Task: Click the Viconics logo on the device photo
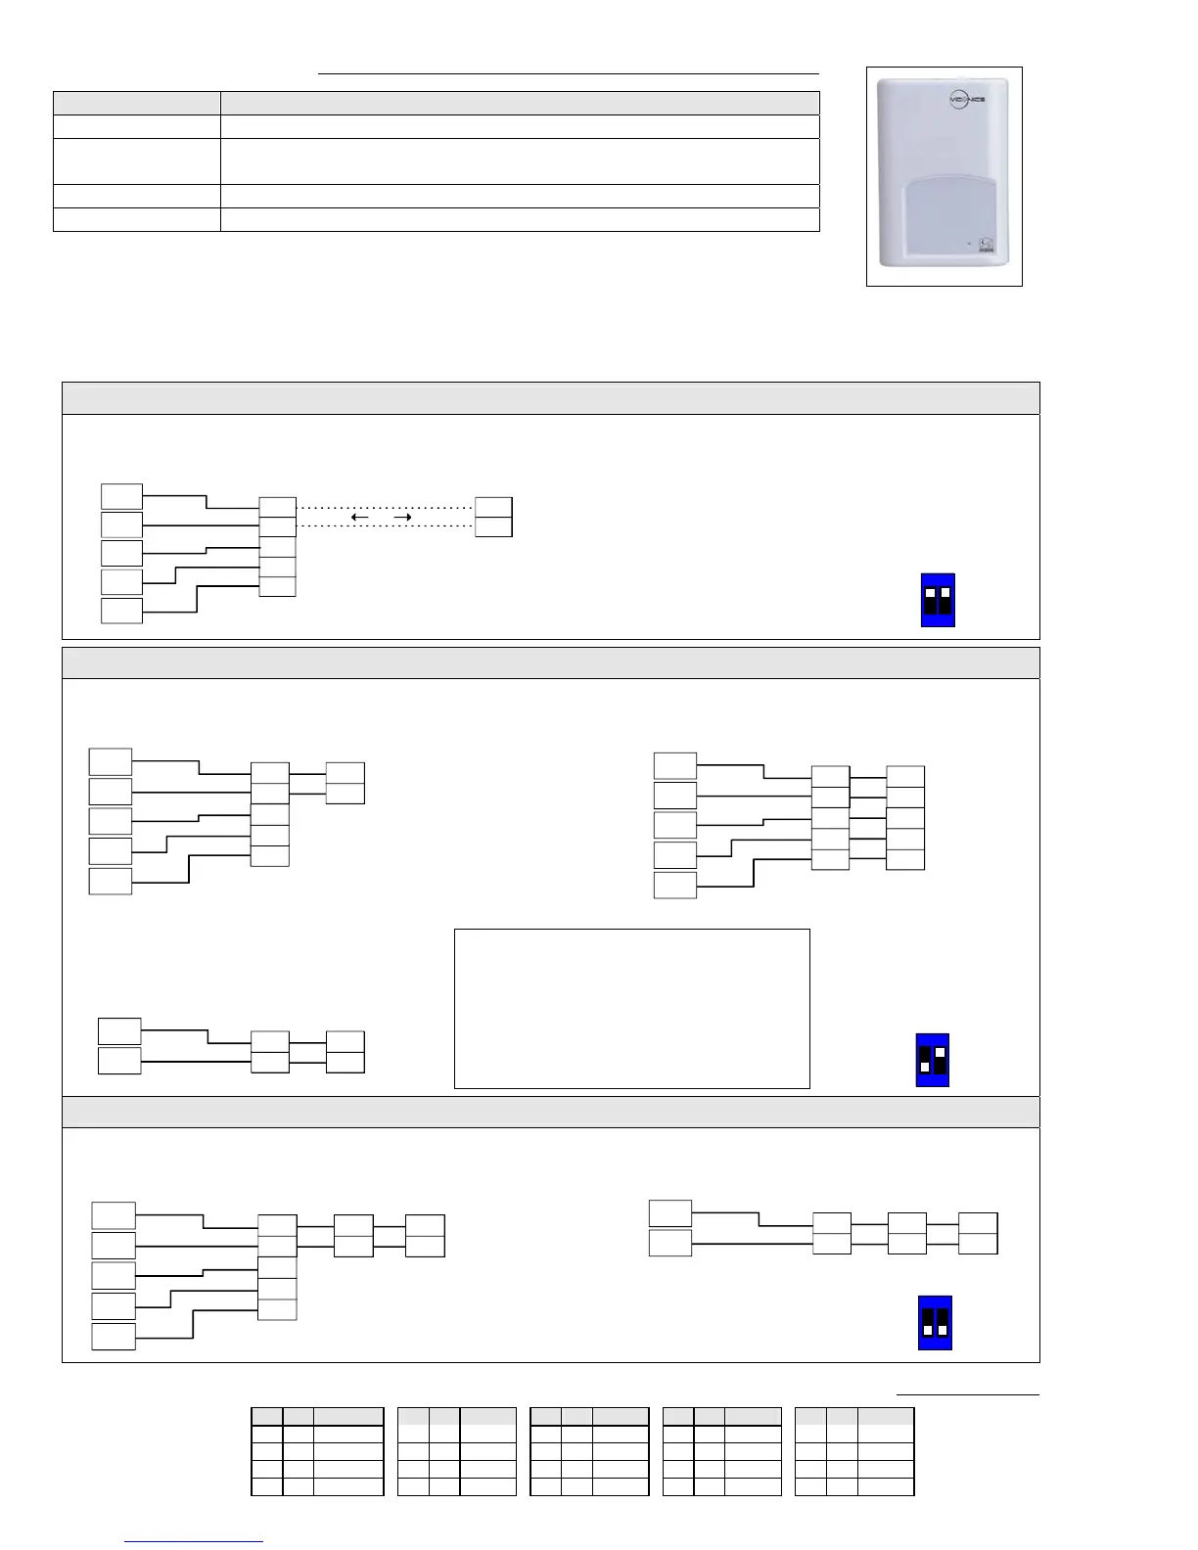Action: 965,101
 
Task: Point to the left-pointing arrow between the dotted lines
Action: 359,517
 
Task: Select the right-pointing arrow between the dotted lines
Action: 402,517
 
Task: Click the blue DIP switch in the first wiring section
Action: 938,600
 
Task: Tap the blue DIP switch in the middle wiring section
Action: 932,1060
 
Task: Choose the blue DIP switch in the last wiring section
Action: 935,1323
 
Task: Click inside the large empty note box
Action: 631,1008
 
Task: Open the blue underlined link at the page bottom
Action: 195,1541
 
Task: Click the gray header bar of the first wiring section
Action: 550,398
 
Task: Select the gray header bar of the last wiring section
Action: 550,1112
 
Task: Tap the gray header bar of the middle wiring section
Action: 550,662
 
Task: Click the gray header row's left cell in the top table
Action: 136,103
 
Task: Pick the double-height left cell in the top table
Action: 136,160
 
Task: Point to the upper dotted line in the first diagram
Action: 385,508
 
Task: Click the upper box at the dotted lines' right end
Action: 493,507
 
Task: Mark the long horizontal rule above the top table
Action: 568,73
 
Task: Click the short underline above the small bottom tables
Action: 968,1393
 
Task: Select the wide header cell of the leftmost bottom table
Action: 348,1416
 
